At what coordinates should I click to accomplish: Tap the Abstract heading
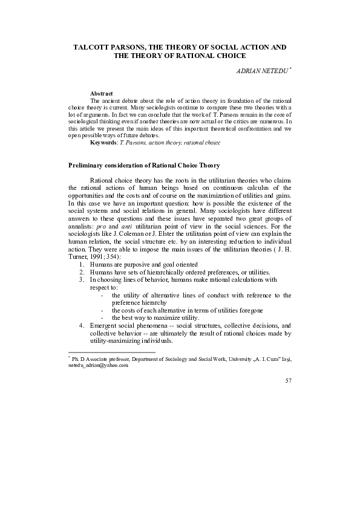point(102,93)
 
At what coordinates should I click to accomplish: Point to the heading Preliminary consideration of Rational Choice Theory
point(143,165)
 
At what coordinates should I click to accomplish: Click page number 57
point(287,381)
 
